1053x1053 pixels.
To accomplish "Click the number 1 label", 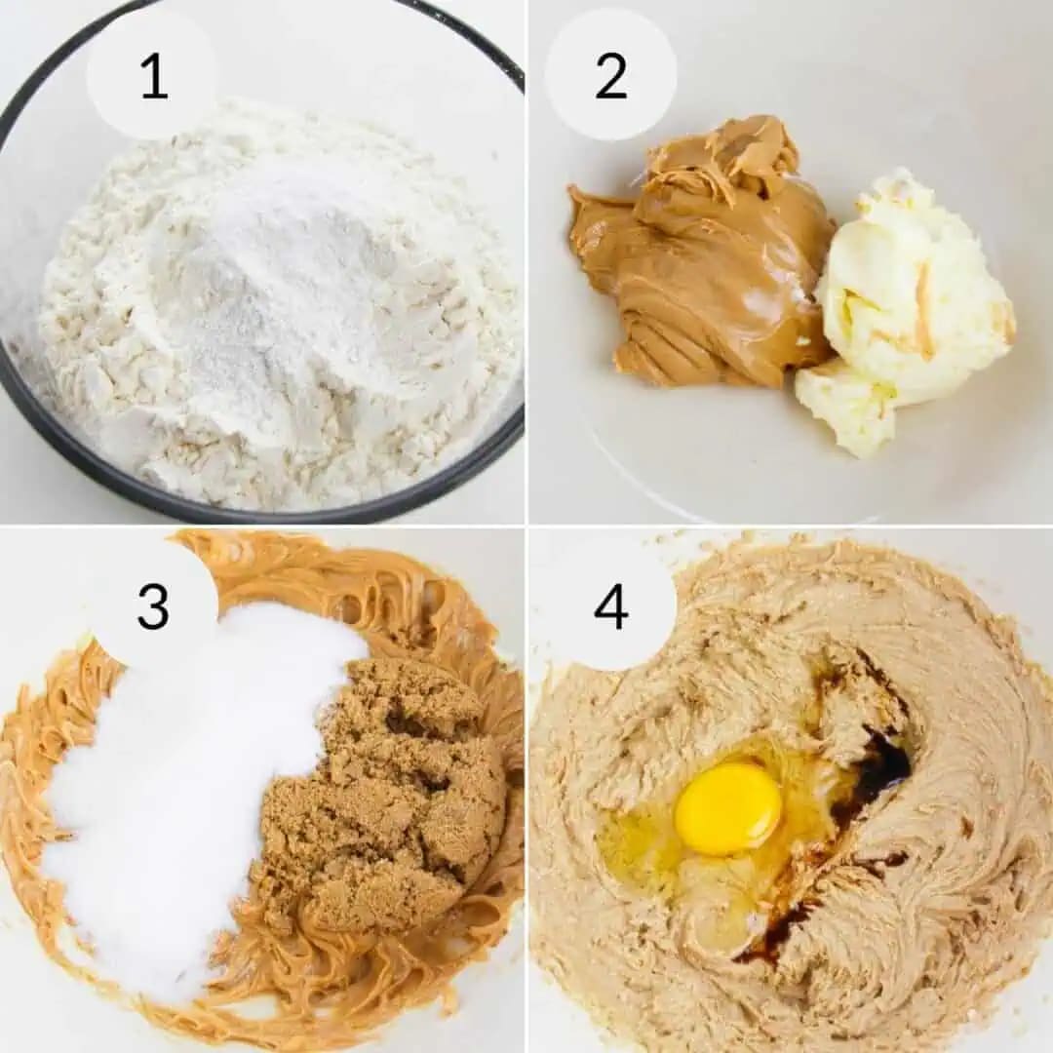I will (153, 77).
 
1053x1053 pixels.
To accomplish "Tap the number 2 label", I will (611, 77).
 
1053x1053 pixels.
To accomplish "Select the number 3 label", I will (153, 606).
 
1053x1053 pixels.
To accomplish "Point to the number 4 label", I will (611, 606).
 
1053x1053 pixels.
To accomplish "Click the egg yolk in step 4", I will (728, 807).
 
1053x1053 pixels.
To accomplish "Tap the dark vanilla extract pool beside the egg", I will (877, 770).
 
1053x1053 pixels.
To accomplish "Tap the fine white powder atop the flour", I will (283, 263).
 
